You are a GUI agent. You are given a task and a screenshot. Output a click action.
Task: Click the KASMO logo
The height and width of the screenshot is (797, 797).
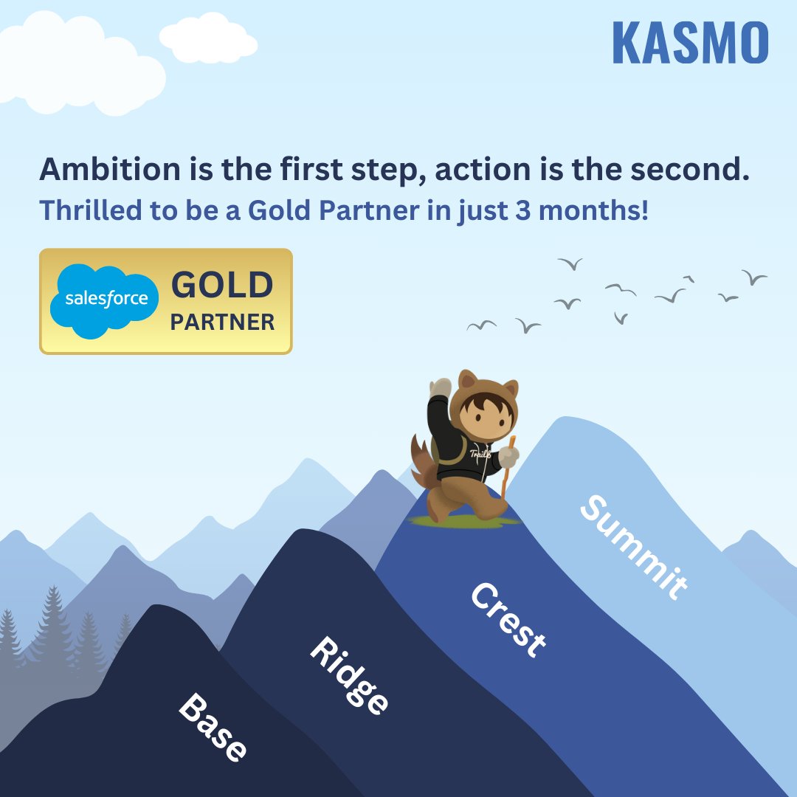[x=690, y=44]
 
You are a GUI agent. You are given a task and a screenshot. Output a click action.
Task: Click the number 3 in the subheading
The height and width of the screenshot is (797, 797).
[x=520, y=210]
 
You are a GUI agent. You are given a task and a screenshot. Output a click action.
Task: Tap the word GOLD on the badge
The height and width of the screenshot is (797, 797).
[x=222, y=286]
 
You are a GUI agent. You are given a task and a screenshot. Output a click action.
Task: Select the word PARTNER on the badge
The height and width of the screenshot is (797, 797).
[x=222, y=322]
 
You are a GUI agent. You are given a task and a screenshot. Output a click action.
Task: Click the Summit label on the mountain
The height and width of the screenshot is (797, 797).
[x=633, y=547]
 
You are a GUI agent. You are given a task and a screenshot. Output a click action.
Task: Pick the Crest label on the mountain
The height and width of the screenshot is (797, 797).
[x=508, y=619]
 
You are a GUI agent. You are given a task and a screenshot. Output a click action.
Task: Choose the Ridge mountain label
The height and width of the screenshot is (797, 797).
[x=348, y=674]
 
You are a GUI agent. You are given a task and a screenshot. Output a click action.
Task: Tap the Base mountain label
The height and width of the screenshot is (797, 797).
[x=213, y=728]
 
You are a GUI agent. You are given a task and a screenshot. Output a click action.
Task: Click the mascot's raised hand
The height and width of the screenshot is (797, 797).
[x=441, y=389]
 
